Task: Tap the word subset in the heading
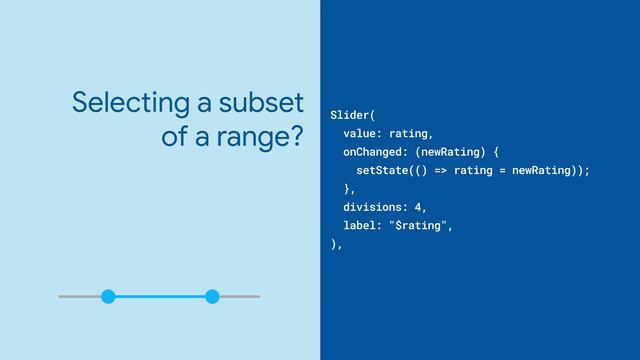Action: coord(259,102)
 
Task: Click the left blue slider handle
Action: coord(108,296)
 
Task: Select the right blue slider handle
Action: coord(212,296)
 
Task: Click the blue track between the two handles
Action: coord(160,296)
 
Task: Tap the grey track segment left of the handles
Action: coord(80,296)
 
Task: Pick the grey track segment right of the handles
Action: coord(238,296)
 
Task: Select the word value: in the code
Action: coord(362,133)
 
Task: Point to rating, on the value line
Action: coord(411,133)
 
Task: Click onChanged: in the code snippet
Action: coord(375,151)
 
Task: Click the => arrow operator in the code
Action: coord(440,170)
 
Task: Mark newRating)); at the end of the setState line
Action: coord(551,170)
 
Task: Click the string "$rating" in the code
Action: coord(424,226)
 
